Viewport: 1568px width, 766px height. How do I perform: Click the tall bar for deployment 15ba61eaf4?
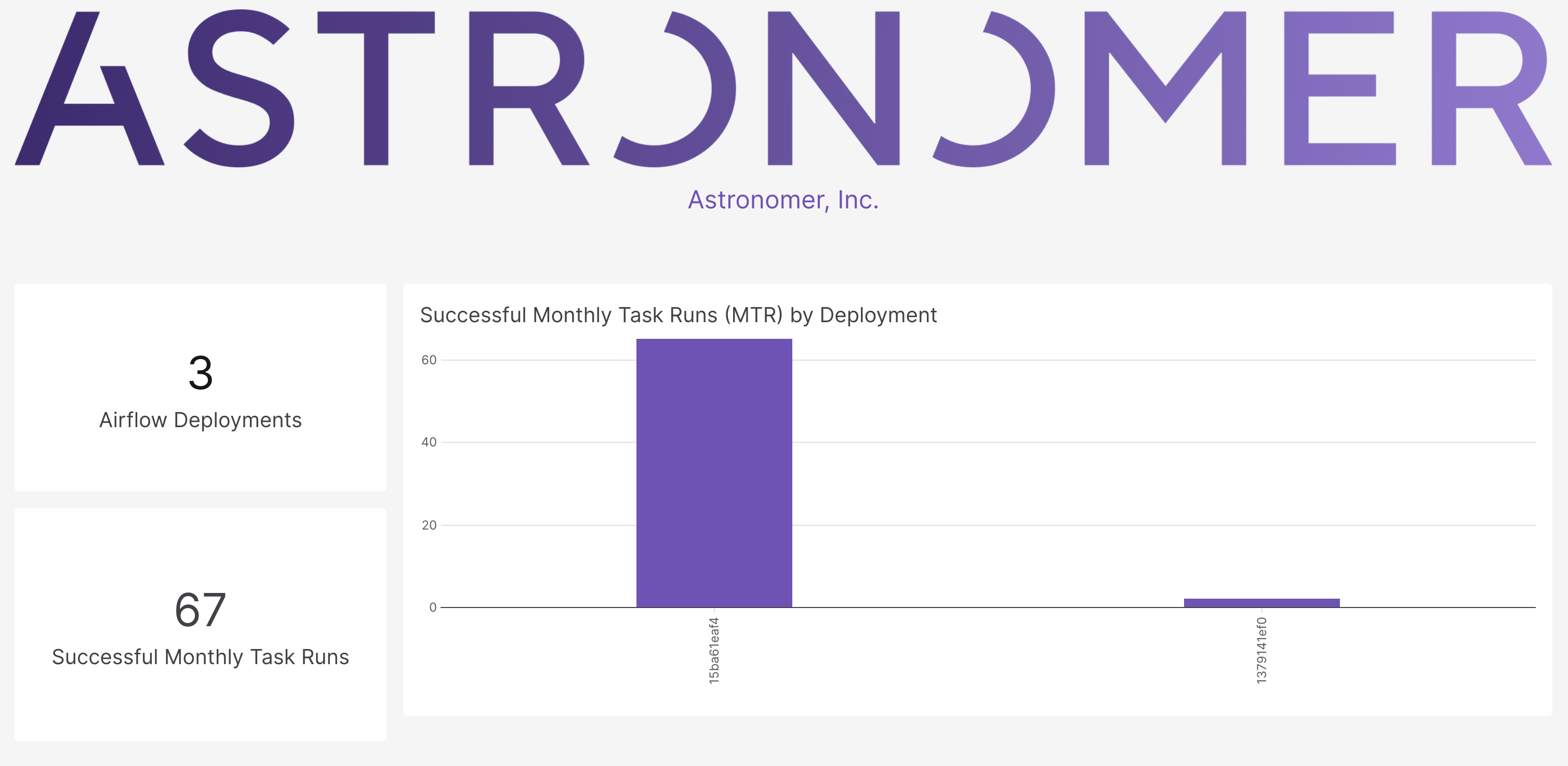tap(714, 473)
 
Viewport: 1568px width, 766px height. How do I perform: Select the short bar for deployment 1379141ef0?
tap(1262, 603)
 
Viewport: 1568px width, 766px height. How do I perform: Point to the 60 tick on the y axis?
tap(429, 360)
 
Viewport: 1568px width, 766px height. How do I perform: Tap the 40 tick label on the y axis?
tap(429, 442)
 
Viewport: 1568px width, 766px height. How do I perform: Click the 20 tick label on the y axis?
tap(429, 525)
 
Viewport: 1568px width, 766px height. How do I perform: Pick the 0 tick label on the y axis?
tap(433, 607)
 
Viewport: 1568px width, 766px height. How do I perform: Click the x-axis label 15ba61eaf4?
tap(714, 650)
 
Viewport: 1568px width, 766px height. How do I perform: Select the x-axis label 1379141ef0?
tap(1262, 650)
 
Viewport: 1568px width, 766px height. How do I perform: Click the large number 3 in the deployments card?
tap(200, 373)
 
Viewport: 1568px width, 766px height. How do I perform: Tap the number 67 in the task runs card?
tap(200, 610)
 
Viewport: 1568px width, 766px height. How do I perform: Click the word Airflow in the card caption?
tap(132, 420)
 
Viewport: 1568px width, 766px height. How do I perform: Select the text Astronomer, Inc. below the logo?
tap(783, 200)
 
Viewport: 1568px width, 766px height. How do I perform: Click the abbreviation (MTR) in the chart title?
tap(753, 315)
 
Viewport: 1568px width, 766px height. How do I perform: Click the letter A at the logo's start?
tap(89, 88)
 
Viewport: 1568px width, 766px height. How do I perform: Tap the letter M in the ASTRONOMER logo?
tap(1165, 88)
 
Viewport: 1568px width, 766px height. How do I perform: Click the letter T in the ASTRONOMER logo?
tap(376, 88)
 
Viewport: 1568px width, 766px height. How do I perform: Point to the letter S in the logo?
tap(239, 88)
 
